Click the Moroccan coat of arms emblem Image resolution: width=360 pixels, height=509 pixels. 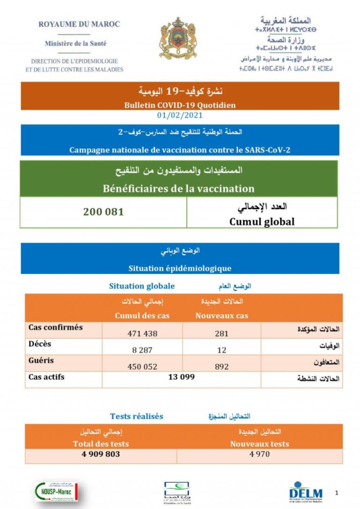click(x=178, y=39)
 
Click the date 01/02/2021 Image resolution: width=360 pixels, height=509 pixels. click(x=180, y=115)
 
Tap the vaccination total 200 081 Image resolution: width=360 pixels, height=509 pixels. click(x=104, y=212)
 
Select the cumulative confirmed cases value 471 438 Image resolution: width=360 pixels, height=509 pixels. click(x=142, y=334)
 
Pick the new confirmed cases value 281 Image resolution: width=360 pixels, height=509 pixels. click(x=222, y=334)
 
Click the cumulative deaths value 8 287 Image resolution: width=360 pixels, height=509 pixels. click(x=142, y=350)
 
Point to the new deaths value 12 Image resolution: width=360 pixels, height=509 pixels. click(x=222, y=350)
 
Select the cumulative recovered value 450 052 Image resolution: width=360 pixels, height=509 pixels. click(x=142, y=367)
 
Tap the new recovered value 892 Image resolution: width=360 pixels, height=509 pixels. click(x=222, y=367)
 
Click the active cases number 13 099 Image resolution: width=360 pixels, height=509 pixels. click(x=181, y=377)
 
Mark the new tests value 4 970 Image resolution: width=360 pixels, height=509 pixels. click(x=259, y=454)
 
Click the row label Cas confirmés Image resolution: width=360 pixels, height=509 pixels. click(x=55, y=327)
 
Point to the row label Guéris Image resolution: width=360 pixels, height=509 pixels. click(x=41, y=360)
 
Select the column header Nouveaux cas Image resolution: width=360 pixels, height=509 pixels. click(x=222, y=315)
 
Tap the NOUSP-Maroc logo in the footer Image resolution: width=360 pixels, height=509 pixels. click(x=57, y=492)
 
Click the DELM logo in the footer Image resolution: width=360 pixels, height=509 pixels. click(x=306, y=492)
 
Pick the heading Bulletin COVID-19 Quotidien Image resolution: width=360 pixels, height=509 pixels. click(x=180, y=105)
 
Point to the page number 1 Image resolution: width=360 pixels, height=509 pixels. click(x=337, y=493)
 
